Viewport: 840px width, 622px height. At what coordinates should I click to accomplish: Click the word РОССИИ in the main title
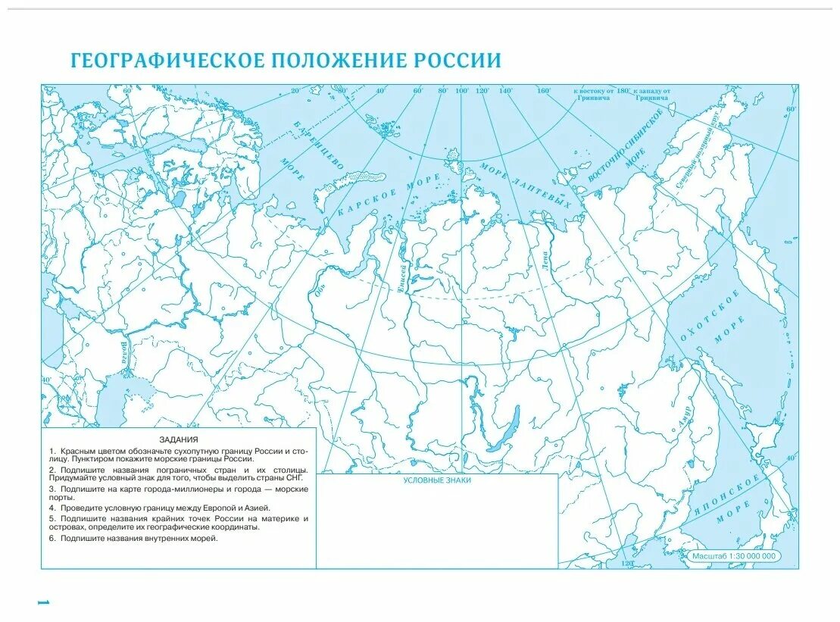coord(457,61)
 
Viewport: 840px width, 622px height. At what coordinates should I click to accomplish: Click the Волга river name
coord(123,353)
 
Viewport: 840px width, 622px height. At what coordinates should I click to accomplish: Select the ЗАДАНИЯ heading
coord(179,439)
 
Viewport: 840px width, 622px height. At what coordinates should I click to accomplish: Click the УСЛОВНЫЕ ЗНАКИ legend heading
coord(437,480)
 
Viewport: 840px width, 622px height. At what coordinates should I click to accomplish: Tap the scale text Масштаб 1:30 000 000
coord(734,556)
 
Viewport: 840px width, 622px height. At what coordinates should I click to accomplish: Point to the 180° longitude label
coord(623,91)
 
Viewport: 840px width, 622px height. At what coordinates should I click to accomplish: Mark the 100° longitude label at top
coord(462,91)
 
